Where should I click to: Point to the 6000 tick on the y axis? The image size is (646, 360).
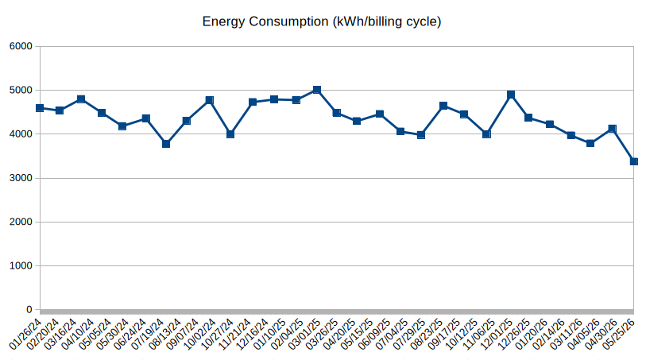(x=21, y=46)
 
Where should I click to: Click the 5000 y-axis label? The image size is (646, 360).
(x=21, y=91)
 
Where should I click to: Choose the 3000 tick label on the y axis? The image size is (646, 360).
(x=21, y=178)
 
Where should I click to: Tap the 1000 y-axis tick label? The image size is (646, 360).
(x=21, y=265)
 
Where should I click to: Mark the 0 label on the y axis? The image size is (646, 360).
(x=29, y=309)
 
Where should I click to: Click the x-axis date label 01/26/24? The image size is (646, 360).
(x=25, y=334)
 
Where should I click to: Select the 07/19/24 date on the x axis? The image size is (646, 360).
(x=148, y=334)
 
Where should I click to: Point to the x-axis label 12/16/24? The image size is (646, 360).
(x=253, y=334)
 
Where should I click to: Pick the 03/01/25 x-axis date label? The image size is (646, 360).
(x=305, y=334)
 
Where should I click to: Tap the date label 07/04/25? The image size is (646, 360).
(x=393, y=334)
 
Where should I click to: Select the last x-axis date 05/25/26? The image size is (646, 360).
(x=619, y=334)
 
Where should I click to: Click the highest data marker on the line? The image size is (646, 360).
(x=317, y=90)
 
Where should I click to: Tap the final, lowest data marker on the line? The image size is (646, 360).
(x=634, y=161)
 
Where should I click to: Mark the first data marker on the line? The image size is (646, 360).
(x=40, y=108)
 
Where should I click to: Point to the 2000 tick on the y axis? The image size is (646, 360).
(x=21, y=222)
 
